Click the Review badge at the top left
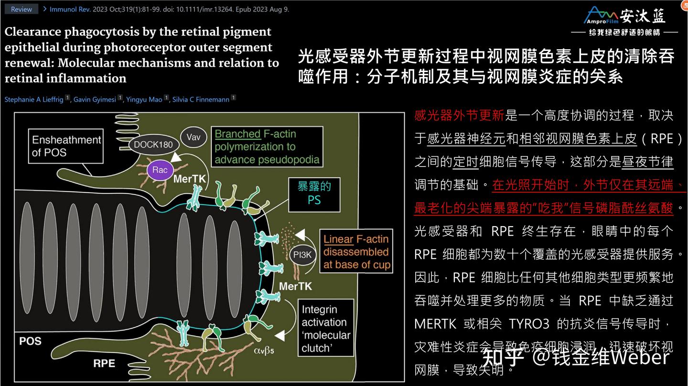(21, 9)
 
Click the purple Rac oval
(160, 170)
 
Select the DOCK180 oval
(153, 145)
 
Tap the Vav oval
(193, 137)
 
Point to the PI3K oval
(302, 255)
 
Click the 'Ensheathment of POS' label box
(66, 146)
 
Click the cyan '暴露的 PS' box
(314, 193)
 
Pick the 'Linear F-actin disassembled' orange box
(356, 252)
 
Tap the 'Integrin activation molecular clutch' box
(326, 329)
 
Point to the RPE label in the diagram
(104, 363)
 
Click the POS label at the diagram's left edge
(30, 341)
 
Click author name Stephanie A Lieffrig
(34, 99)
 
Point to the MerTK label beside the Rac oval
(189, 179)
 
